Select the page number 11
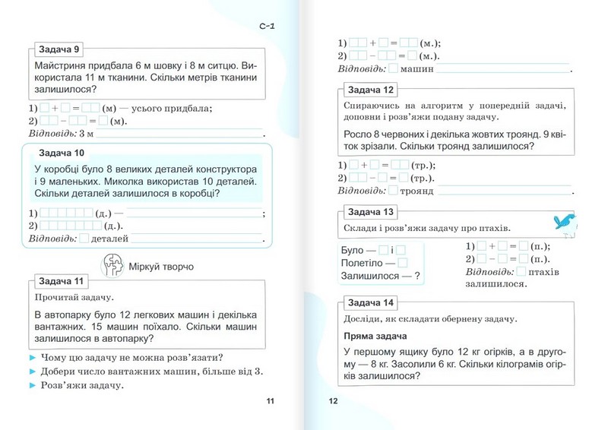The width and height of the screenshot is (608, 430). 267,402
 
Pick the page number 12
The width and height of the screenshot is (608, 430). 333,402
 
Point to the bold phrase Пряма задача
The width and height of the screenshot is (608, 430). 375,336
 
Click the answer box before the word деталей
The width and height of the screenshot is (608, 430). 84,239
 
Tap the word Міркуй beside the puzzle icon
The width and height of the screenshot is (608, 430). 146,267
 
